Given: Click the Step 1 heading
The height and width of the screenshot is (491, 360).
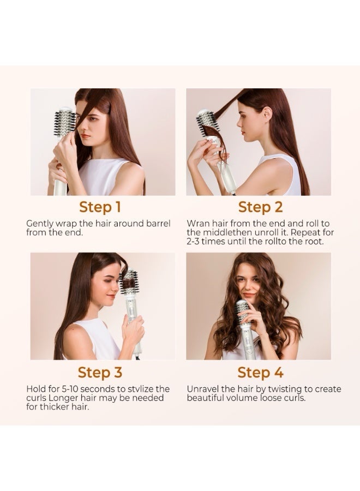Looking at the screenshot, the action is pos(100,207).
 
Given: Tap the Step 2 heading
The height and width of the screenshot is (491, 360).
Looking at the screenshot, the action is pos(260,207).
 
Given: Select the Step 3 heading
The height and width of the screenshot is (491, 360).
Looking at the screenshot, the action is pos(100,373).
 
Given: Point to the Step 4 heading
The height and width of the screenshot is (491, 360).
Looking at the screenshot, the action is pos(260,373).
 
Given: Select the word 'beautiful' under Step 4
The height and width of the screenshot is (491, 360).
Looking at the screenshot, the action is pos(205,398).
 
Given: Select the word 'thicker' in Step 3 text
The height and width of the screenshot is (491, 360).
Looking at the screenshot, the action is pos(54,408).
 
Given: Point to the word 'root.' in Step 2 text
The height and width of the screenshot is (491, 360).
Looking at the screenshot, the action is pos(313,242).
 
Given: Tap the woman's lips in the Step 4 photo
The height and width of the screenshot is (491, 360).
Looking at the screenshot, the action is pos(249,295).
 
